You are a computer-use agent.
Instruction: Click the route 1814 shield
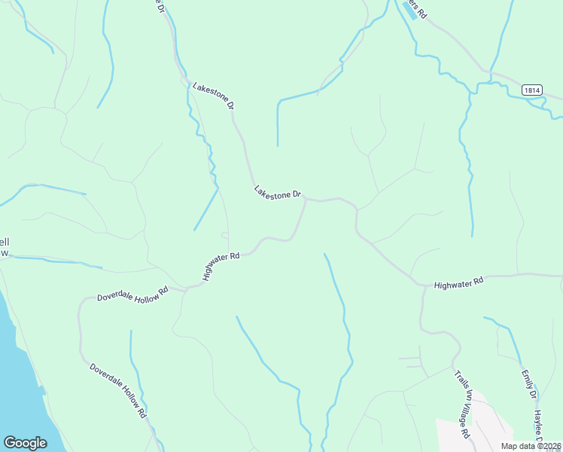pos(532,90)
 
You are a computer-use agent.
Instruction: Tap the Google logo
pos(25,443)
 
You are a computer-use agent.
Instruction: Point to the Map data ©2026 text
pos(531,446)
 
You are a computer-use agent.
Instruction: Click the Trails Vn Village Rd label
pos(462,404)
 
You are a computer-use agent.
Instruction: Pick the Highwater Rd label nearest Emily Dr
pos(458,282)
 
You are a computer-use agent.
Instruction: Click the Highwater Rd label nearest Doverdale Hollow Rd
pos(221,267)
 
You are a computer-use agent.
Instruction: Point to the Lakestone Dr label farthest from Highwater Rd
pos(214,96)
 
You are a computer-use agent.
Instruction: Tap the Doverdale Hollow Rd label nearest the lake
pos(117,390)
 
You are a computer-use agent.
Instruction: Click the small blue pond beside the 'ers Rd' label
pos(410,11)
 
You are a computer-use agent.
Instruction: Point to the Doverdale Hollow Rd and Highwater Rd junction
pos(186,288)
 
